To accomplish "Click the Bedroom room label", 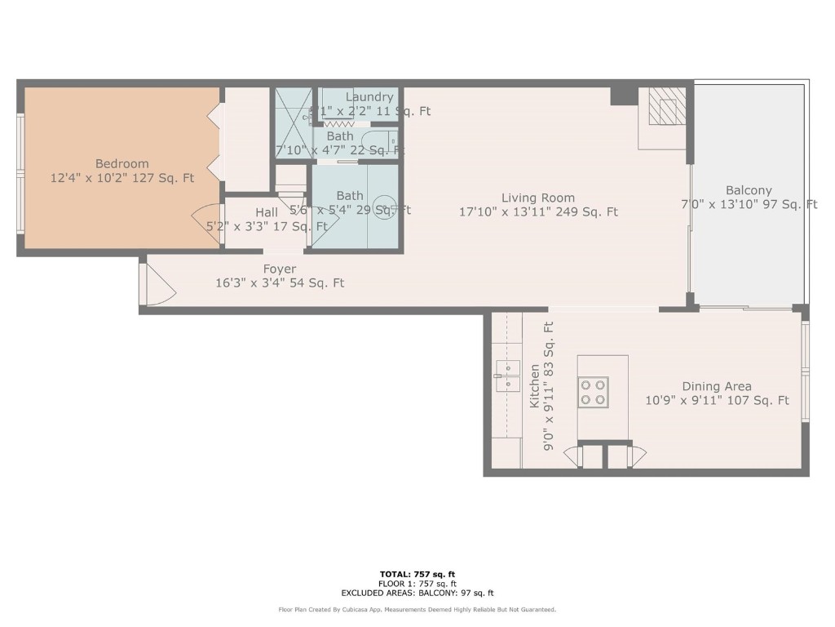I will click(x=122, y=163).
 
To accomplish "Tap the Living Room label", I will click(x=537, y=198).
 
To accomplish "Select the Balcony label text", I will click(x=749, y=190).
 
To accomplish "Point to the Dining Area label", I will click(x=717, y=386).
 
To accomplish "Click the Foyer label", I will click(x=280, y=269).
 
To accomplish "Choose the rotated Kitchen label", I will click(x=535, y=386).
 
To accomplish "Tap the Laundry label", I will click(x=369, y=97).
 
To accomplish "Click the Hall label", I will click(x=267, y=212).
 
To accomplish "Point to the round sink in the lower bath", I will click(x=384, y=204).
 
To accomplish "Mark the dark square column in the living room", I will click(x=624, y=96).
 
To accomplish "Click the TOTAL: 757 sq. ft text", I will click(x=417, y=575).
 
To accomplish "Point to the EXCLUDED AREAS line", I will click(x=417, y=594).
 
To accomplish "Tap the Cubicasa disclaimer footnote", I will click(x=417, y=609).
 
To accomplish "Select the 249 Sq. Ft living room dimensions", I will click(x=538, y=212).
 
